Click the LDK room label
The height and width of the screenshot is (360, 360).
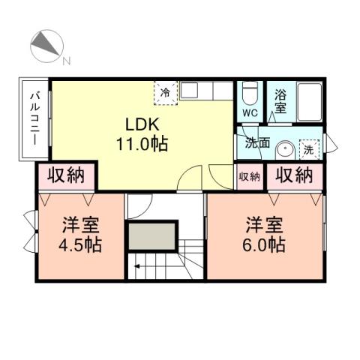pos(140,124)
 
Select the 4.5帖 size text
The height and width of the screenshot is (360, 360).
pos(80,244)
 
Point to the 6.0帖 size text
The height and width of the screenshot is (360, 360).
pos(262,244)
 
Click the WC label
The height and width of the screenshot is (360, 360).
pos(250,113)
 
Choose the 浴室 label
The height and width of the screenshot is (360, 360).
pos(280,101)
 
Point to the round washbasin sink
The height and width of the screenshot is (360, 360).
pos(285,148)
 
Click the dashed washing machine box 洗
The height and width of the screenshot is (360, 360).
pos(308,148)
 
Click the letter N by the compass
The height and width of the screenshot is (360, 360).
pos(66,61)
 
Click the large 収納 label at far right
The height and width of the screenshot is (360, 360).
pos(293,176)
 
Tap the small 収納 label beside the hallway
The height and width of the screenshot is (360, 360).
pos(249,177)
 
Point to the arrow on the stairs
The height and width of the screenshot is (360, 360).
pos(137,264)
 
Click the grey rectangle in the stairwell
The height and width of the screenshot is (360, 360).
pos(152,237)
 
